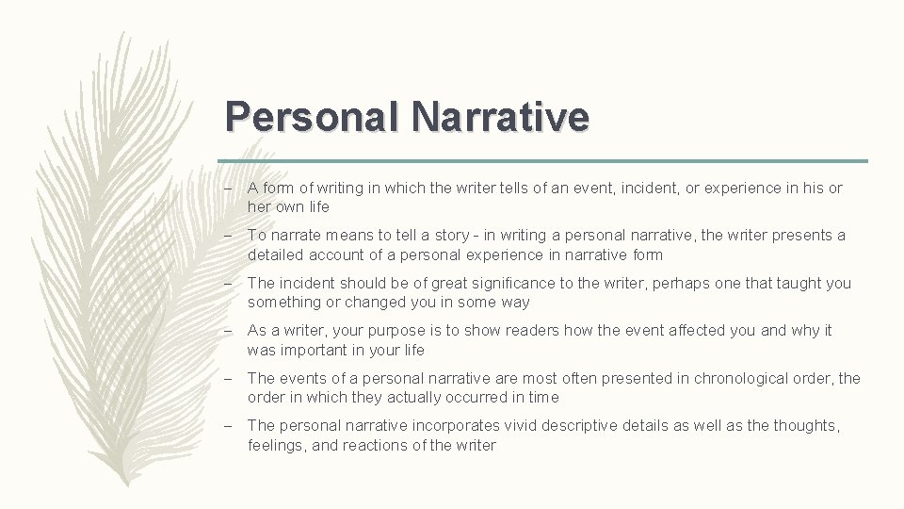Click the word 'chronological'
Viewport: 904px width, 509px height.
(x=738, y=378)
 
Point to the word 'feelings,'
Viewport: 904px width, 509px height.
(x=279, y=445)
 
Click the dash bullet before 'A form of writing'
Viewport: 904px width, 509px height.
(x=231, y=189)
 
